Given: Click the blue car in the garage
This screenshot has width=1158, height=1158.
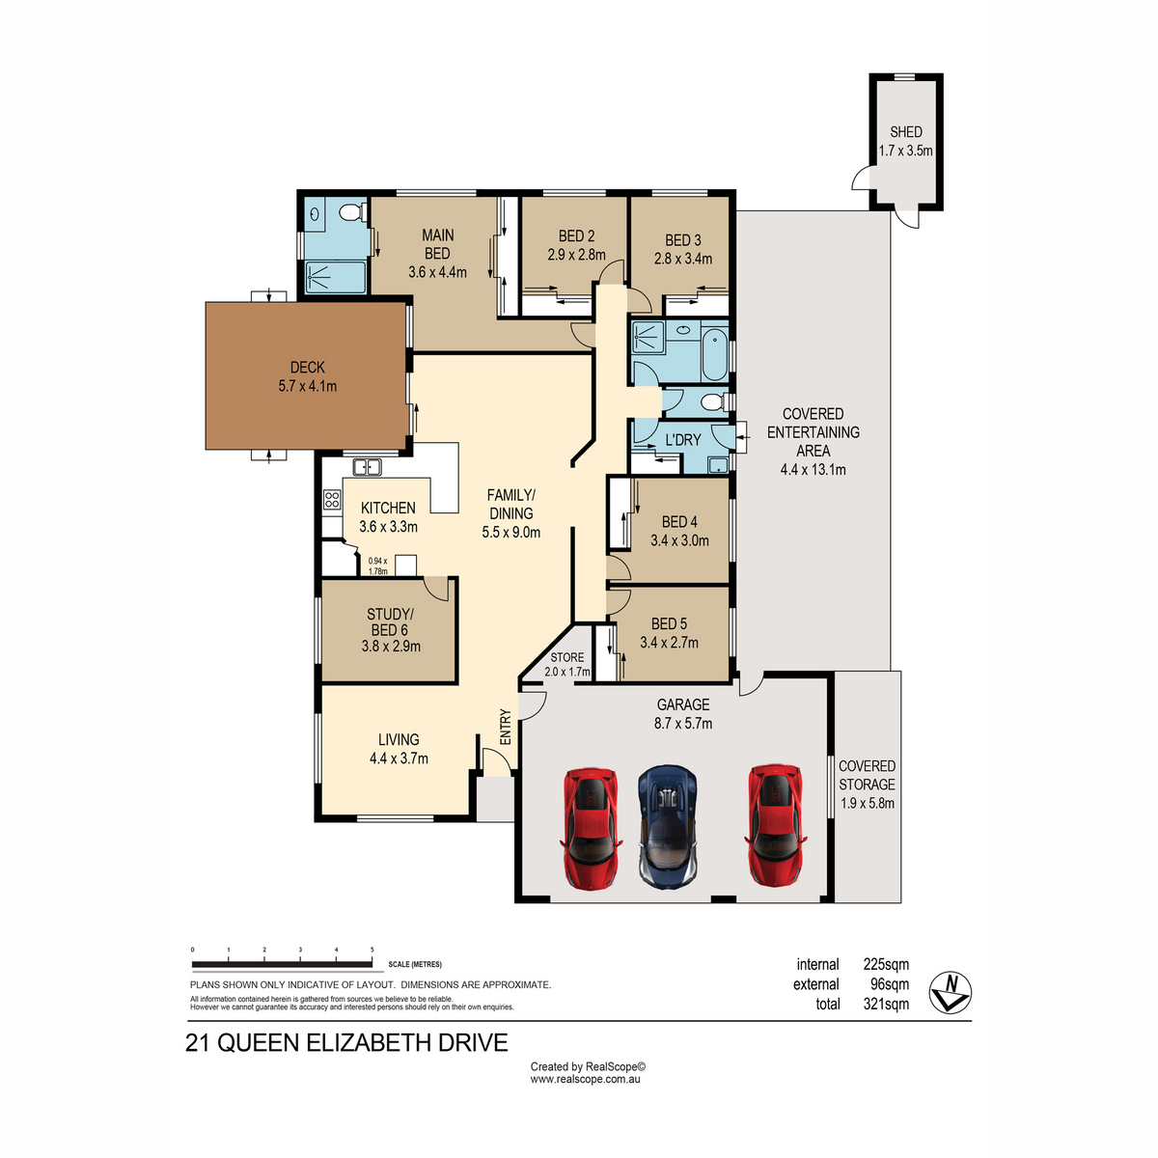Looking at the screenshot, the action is (x=667, y=825).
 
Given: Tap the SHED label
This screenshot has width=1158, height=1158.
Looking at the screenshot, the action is (x=905, y=131).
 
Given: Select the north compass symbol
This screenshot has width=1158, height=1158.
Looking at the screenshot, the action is (x=951, y=992).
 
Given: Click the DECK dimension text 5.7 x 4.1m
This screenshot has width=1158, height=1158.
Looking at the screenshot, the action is (x=307, y=386).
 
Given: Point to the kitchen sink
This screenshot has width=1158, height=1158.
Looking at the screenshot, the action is (x=367, y=466).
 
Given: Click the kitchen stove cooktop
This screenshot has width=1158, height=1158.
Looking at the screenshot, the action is (x=332, y=499).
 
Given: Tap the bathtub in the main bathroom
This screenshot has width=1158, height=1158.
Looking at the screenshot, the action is (x=714, y=354).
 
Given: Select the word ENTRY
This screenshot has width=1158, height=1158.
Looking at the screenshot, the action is (x=506, y=727).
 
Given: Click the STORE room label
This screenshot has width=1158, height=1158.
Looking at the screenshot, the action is (x=566, y=657).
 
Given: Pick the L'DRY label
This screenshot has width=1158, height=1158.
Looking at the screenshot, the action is (x=683, y=440).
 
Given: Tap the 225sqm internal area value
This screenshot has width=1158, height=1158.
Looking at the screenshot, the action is (x=886, y=964).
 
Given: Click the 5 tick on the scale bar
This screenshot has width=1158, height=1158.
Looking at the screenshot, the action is (x=372, y=950).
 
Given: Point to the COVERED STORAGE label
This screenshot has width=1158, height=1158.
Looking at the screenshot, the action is (x=867, y=775).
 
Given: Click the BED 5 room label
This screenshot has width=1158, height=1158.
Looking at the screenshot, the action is (x=669, y=623).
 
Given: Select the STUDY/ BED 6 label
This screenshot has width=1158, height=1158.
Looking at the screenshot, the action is (x=390, y=622).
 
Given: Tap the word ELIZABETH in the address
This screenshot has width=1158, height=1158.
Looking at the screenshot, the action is (x=369, y=1042).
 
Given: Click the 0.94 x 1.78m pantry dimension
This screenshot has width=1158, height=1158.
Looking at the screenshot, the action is (x=378, y=566).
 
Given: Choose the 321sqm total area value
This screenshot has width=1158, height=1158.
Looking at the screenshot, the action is (x=886, y=1004).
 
